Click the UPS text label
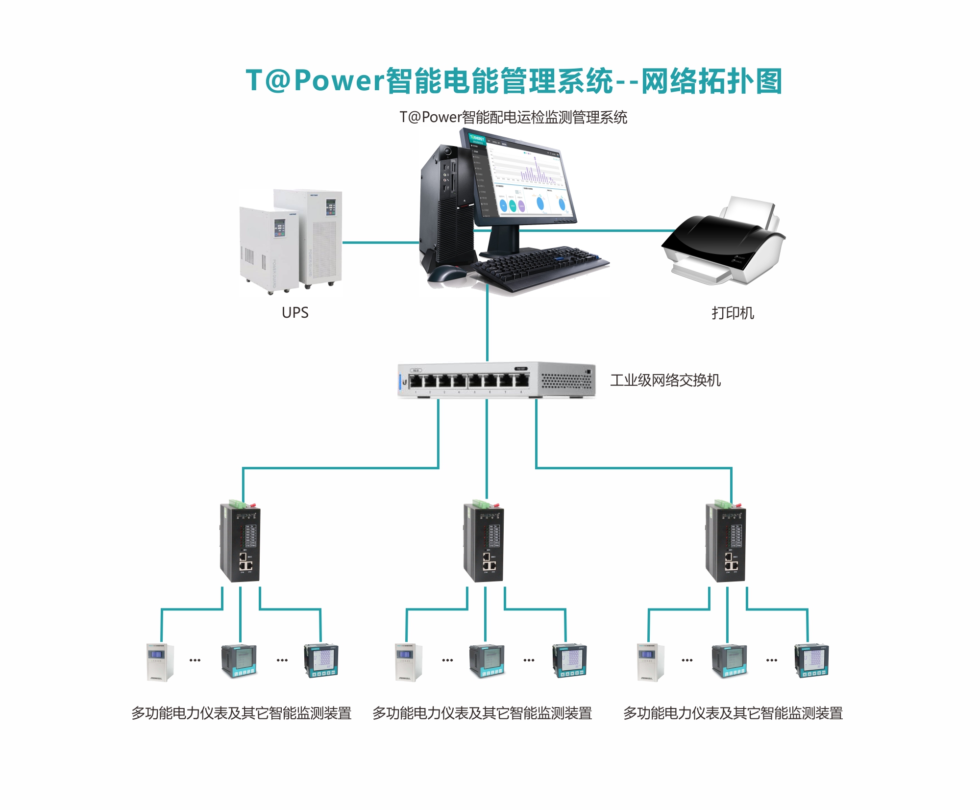pos(295,312)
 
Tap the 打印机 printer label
pos(733,312)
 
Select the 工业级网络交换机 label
pos(665,380)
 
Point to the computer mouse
pos(447,273)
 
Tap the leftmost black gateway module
pos(240,543)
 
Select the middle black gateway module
pos(484,543)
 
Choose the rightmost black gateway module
pos(726,543)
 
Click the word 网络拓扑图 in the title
pos(711,81)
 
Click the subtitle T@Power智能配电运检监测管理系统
pos(513,117)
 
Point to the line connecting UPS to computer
pos(380,242)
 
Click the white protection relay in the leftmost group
pos(160,662)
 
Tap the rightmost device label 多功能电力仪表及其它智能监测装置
pos(733,713)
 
